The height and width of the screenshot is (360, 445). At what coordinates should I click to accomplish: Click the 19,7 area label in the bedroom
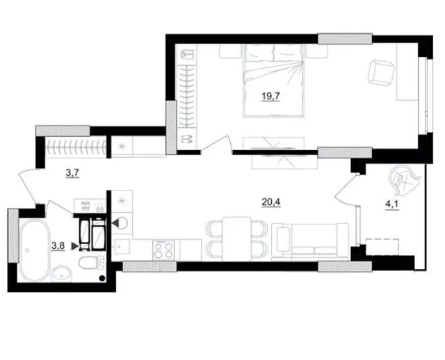point(270,96)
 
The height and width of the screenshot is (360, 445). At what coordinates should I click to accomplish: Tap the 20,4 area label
point(270,202)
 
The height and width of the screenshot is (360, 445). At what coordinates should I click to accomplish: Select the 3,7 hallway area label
point(72,172)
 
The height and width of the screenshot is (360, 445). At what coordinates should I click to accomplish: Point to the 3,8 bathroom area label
point(58,246)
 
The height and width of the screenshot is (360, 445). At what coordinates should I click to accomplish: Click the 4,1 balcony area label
point(392,204)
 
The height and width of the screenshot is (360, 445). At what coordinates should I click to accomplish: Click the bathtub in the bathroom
point(34,250)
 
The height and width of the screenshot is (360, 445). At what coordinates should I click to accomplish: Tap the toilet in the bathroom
point(92,262)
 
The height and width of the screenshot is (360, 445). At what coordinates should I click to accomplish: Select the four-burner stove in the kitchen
point(164,249)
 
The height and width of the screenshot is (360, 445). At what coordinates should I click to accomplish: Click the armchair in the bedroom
point(381,72)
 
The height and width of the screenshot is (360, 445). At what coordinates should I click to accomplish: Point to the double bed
point(273,81)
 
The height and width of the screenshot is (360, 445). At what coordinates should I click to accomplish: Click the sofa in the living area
point(310,241)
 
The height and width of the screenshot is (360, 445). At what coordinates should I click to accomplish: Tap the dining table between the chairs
point(236,238)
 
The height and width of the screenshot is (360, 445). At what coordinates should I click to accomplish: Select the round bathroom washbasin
point(62,274)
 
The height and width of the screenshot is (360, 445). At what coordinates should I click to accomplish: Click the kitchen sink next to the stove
point(122,246)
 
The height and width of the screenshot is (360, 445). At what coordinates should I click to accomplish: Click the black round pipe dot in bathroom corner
point(102,279)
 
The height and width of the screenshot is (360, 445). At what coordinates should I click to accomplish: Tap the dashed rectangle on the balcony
point(382,247)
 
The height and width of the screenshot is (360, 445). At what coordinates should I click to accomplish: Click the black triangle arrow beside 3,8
point(74,246)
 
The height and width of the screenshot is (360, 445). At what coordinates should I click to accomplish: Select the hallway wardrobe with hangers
point(76,147)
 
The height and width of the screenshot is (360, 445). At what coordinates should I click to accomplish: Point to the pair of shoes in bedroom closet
point(187,139)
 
